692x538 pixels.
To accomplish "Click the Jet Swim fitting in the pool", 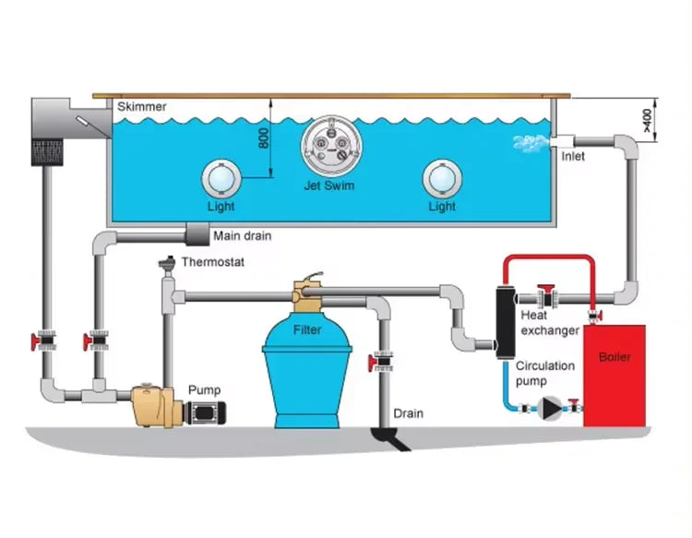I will click(329, 145).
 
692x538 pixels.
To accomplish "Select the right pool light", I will click(442, 175).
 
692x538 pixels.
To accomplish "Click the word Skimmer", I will click(142, 107).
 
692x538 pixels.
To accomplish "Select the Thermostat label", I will click(213, 261).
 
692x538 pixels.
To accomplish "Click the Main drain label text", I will click(243, 235).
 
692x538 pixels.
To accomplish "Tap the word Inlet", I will click(573, 156).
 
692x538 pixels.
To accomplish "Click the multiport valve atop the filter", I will click(307, 293).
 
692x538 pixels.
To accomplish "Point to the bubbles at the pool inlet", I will click(527, 142).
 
